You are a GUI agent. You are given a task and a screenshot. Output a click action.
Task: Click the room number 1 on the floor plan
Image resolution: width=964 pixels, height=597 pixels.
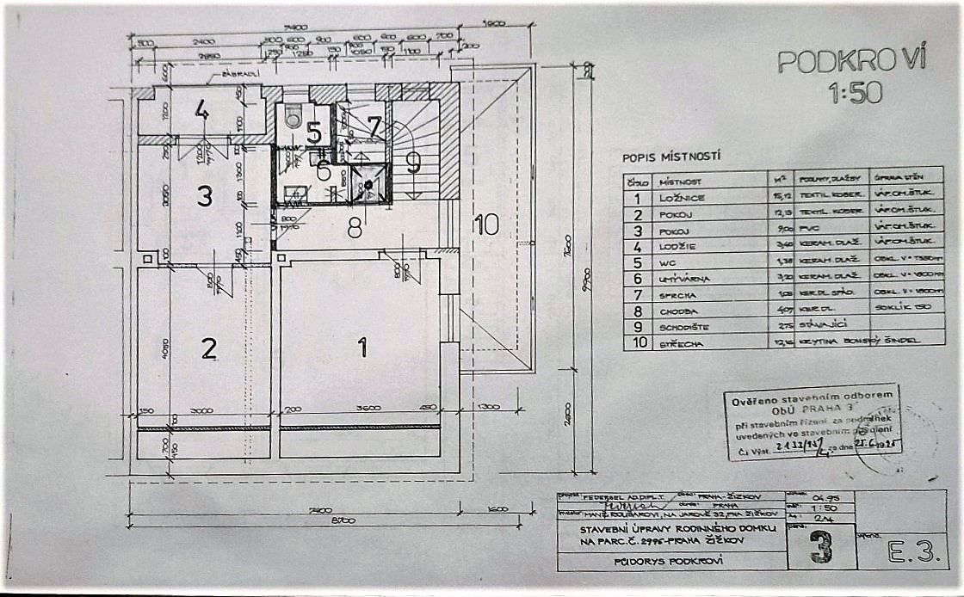tap(362, 347)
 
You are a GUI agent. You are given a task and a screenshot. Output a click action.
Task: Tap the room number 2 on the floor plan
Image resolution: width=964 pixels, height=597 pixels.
tap(207, 348)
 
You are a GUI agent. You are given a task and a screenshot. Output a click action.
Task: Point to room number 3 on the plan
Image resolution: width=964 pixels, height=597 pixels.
tap(204, 196)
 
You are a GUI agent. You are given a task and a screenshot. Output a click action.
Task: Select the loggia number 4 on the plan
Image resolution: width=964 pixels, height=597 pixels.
tap(201, 110)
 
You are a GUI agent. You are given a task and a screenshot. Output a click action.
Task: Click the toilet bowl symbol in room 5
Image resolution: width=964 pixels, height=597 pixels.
tap(294, 119)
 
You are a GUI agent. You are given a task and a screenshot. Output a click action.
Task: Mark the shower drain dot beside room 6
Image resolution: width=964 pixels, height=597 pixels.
tap(368, 185)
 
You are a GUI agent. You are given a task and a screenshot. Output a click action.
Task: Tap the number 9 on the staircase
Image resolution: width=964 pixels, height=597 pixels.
tap(414, 163)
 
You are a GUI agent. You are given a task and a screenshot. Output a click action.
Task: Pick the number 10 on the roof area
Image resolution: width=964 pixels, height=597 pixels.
tap(486, 225)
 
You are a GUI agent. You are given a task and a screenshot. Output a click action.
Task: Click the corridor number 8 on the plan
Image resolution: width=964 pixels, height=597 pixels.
tap(354, 228)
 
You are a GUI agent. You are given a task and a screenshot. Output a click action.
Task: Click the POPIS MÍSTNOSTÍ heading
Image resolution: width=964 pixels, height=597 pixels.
tap(671, 157)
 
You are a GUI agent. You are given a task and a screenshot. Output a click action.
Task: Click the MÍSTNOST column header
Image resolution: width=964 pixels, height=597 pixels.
tap(681, 182)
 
